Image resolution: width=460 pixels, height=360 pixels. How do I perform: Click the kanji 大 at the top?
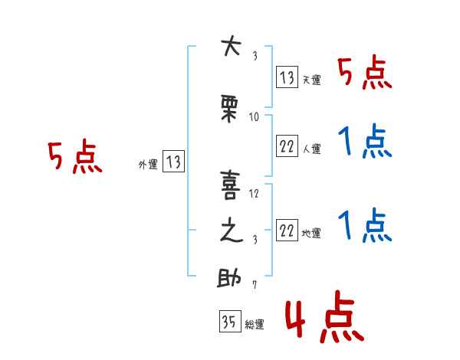pos(232,45)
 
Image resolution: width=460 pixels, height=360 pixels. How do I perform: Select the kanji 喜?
pos(231,185)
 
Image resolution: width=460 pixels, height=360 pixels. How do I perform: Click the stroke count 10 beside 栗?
pos(254,117)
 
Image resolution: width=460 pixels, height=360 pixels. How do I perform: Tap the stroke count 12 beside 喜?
pos(254,194)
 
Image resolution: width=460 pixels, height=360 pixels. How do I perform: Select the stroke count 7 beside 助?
pos(255,285)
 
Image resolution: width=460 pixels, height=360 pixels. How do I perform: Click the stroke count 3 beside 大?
pos(255,56)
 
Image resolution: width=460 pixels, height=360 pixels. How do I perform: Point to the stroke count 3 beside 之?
pos(255,240)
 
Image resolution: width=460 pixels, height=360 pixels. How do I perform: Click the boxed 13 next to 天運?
pos(287,77)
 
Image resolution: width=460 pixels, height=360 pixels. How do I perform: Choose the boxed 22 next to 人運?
pos(287,146)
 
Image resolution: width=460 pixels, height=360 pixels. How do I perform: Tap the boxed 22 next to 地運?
pos(287,230)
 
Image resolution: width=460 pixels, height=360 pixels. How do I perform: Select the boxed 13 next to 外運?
pos(173,162)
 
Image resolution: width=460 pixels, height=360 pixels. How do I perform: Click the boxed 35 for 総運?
pos(230,321)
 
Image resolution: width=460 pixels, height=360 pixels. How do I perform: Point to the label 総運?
pos(255,325)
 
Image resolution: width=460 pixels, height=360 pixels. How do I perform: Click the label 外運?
pos(148,165)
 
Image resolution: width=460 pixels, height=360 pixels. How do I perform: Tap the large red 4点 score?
pos(324,316)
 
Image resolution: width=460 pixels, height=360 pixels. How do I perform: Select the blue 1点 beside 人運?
pos(365,141)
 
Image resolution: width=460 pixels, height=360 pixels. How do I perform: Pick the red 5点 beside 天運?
pos(365,74)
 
